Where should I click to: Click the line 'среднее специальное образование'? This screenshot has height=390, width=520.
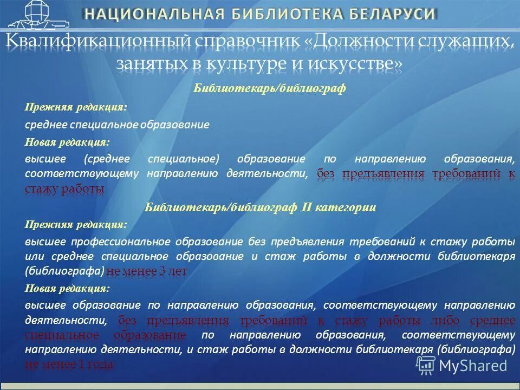pos(117,125)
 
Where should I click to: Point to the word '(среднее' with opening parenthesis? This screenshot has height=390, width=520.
pos(107,159)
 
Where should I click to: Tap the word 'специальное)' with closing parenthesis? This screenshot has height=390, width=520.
pos(183,159)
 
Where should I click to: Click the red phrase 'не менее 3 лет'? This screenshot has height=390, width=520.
pos(147,270)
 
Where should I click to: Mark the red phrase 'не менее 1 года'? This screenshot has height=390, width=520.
pos(69,365)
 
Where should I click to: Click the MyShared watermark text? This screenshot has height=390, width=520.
pos(473,365)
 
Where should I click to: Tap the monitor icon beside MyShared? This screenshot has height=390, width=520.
pos(425,365)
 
